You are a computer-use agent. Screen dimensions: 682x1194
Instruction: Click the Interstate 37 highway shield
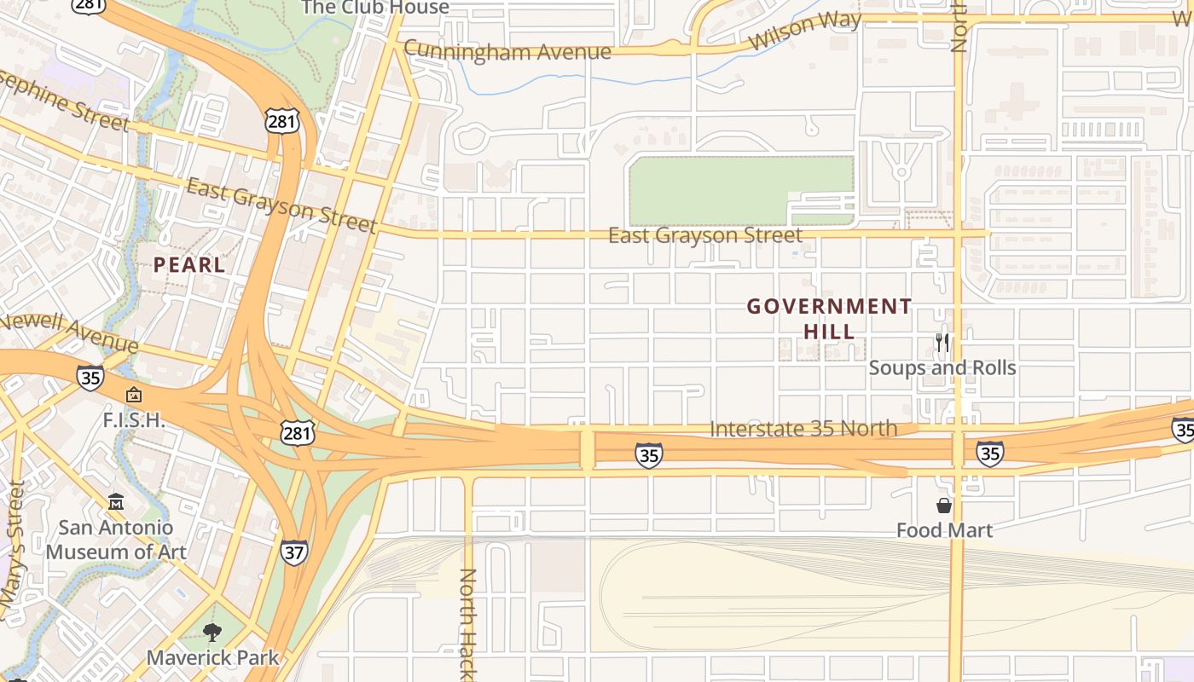pyautogui.click(x=293, y=552)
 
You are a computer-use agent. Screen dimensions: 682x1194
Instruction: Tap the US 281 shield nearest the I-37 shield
pyautogui.click(x=297, y=433)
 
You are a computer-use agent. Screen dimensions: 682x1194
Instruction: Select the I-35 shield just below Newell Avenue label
pyautogui.click(x=90, y=377)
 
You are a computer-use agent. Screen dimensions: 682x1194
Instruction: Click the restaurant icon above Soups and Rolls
pyautogui.click(x=942, y=343)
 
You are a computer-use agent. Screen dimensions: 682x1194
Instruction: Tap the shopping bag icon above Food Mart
pyautogui.click(x=943, y=506)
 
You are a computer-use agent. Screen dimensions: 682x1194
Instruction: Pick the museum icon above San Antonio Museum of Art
pyautogui.click(x=116, y=502)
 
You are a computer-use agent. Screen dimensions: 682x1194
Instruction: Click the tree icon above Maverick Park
pyautogui.click(x=212, y=632)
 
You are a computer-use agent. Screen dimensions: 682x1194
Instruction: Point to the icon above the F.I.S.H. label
pyautogui.click(x=133, y=395)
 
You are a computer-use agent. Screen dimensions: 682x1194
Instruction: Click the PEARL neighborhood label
pyautogui.click(x=189, y=264)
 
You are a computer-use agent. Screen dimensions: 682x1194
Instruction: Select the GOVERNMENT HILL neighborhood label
pyautogui.click(x=830, y=318)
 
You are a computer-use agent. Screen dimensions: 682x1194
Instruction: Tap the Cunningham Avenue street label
pyautogui.click(x=507, y=51)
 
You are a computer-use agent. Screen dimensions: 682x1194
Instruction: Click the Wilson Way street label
pyautogui.click(x=804, y=32)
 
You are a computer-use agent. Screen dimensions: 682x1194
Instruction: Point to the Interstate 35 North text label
pyautogui.click(x=803, y=428)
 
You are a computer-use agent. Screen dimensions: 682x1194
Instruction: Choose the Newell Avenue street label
pyautogui.click(x=68, y=333)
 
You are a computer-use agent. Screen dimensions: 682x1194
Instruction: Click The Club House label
pyautogui.click(x=375, y=8)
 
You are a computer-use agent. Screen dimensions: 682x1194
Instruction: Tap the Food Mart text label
pyautogui.click(x=944, y=530)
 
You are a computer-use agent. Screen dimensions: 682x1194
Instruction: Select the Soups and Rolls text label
pyautogui.click(x=942, y=367)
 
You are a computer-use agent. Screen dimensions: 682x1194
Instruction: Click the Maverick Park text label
pyautogui.click(x=212, y=657)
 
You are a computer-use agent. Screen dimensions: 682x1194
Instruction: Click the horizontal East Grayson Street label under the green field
pyautogui.click(x=705, y=235)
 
